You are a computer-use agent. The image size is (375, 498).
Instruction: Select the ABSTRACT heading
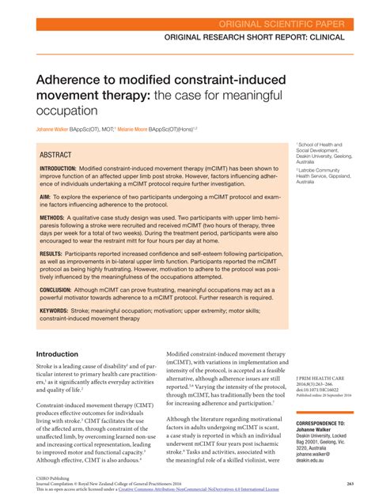[56, 155]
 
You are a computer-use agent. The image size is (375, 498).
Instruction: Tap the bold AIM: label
[45, 194]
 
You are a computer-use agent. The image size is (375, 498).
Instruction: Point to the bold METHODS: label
[52, 216]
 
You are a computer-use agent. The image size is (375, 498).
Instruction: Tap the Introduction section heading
[58, 354]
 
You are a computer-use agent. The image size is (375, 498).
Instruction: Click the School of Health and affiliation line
[320, 145]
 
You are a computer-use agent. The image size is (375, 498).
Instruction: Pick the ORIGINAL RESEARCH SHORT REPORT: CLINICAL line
[255, 37]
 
